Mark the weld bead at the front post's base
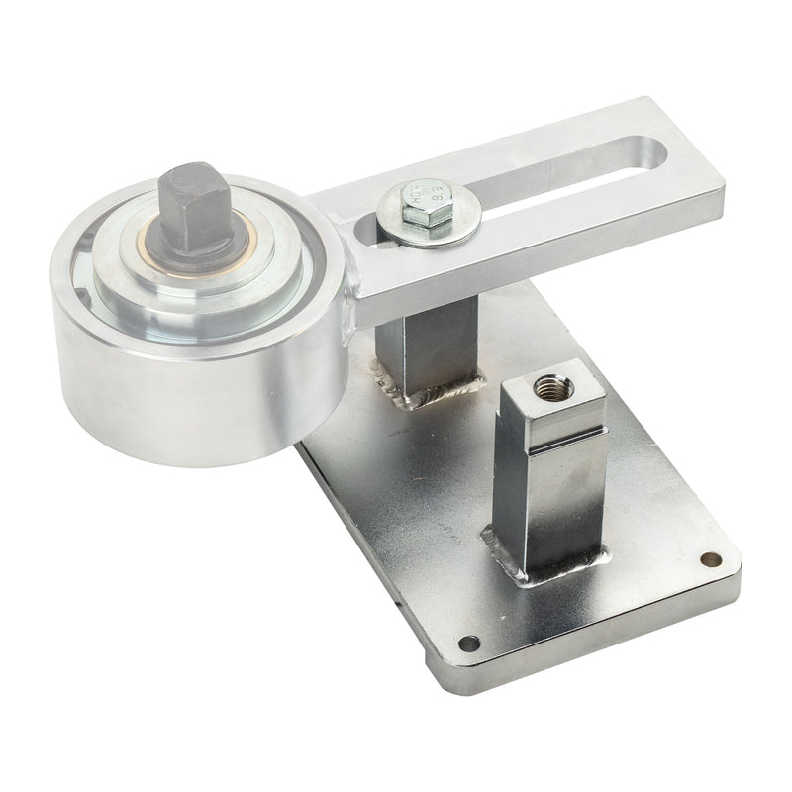(535, 569)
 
